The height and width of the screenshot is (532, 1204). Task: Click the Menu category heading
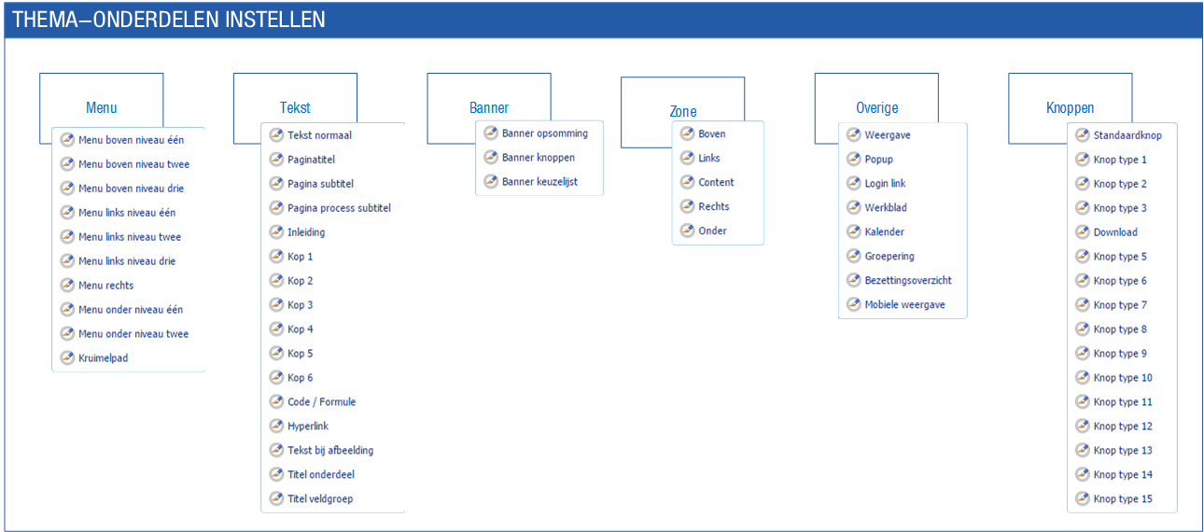pos(101,107)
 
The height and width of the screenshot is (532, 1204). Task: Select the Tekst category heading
pos(295,107)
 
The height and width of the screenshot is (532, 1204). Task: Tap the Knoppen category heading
pos(1070,108)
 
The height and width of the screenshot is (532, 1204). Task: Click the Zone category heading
pos(682,111)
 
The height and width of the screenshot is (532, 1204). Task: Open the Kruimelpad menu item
pos(104,357)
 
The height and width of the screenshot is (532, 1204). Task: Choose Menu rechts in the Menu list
pos(105,286)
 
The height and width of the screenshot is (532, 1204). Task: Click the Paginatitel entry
pos(311,160)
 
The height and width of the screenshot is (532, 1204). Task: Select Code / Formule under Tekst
pos(321,402)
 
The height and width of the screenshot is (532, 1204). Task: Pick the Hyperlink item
pos(307,427)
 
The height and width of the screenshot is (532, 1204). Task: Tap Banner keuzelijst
pos(539,182)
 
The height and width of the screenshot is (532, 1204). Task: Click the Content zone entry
pos(716,182)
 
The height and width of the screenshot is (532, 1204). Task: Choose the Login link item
pos(885,183)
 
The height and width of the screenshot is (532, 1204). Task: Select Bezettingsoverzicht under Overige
pos(908,280)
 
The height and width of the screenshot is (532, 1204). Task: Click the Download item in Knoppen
pos(1115,232)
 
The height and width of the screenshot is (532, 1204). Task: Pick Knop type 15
pos(1123,498)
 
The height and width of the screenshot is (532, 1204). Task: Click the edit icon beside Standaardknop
pos(1082,135)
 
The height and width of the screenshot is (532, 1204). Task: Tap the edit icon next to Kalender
pos(854,231)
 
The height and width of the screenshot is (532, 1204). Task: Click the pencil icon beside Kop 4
pos(276,329)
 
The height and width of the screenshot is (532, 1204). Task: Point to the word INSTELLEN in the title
pos(274,20)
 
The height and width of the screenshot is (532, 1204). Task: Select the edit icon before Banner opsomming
pos(491,133)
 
